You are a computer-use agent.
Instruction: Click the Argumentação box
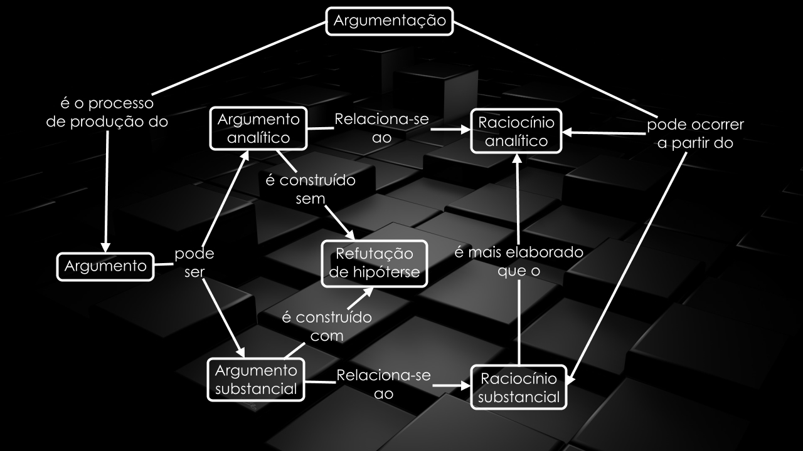pyautogui.click(x=390, y=21)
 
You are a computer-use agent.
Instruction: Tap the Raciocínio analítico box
pyautogui.click(x=516, y=132)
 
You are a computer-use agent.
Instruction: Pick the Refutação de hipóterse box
pyautogui.click(x=375, y=263)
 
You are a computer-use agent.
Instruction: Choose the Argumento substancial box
pyautogui.click(x=255, y=379)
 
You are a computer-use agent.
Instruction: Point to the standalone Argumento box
pyautogui.click(x=105, y=267)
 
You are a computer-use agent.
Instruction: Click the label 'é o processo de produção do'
pyautogui.click(x=107, y=112)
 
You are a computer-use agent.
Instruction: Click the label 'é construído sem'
pyautogui.click(x=310, y=190)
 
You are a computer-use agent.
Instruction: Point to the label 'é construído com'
pyautogui.click(x=326, y=326)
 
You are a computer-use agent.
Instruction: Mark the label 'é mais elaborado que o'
pyautogui.click(x=518, y=261)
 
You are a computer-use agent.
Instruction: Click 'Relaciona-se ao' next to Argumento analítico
pyautogui.click(x=381, y=128)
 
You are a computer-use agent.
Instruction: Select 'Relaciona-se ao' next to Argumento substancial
pyautogui.click(x=383, y=384)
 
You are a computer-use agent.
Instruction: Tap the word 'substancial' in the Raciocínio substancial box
pyautogui.click(x=518, y=397)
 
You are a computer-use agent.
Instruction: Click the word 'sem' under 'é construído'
pyautogui.click(x=309, y=200)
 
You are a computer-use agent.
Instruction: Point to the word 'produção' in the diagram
pyautogui.click(x=106, y=122)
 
